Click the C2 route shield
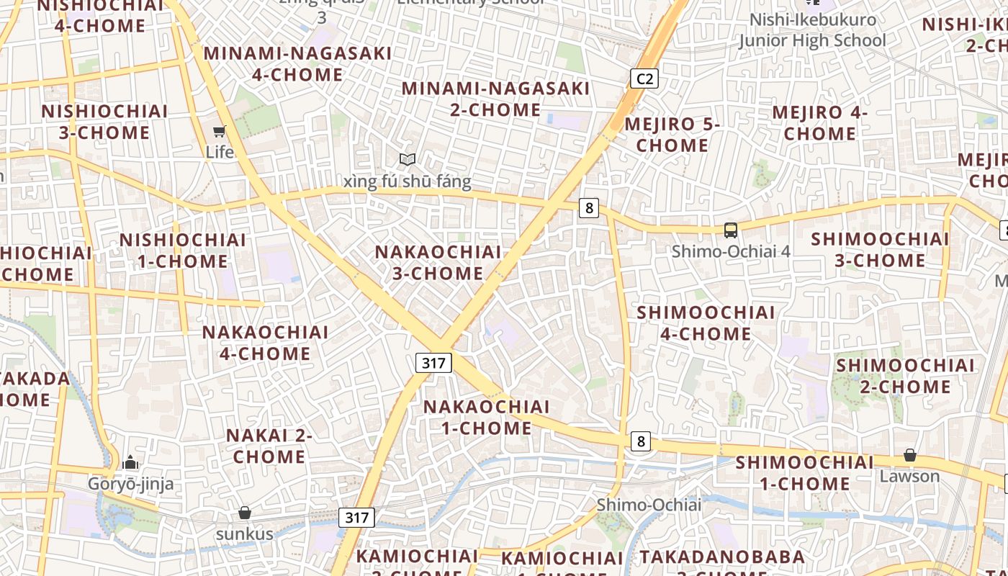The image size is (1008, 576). pos(644,78)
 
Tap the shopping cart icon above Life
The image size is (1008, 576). pos(220,131)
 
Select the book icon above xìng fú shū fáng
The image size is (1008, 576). pos(408,160)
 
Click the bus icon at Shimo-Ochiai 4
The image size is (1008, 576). pos(731,230)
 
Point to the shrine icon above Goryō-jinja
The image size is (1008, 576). pos(130,462)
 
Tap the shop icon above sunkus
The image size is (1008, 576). pos(245,513)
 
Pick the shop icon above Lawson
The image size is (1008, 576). pos(910,455)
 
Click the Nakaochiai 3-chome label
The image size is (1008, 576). pos(438,263)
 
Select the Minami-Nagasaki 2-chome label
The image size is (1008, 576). pos(495,99)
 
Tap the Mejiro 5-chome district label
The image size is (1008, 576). pos(672,135)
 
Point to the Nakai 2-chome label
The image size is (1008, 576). pos(269,446)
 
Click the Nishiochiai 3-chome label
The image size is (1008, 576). pos(104,122)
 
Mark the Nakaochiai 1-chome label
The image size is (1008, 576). pos(486,418)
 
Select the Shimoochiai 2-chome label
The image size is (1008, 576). pos(905,376)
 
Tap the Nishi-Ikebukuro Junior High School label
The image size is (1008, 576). pos(813,30)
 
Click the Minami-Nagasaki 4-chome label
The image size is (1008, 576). pos(297,64)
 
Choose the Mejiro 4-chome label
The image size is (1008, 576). pos(820,123)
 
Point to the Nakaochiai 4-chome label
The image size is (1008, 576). pos(265,343)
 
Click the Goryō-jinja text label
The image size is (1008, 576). pos(130,484)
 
